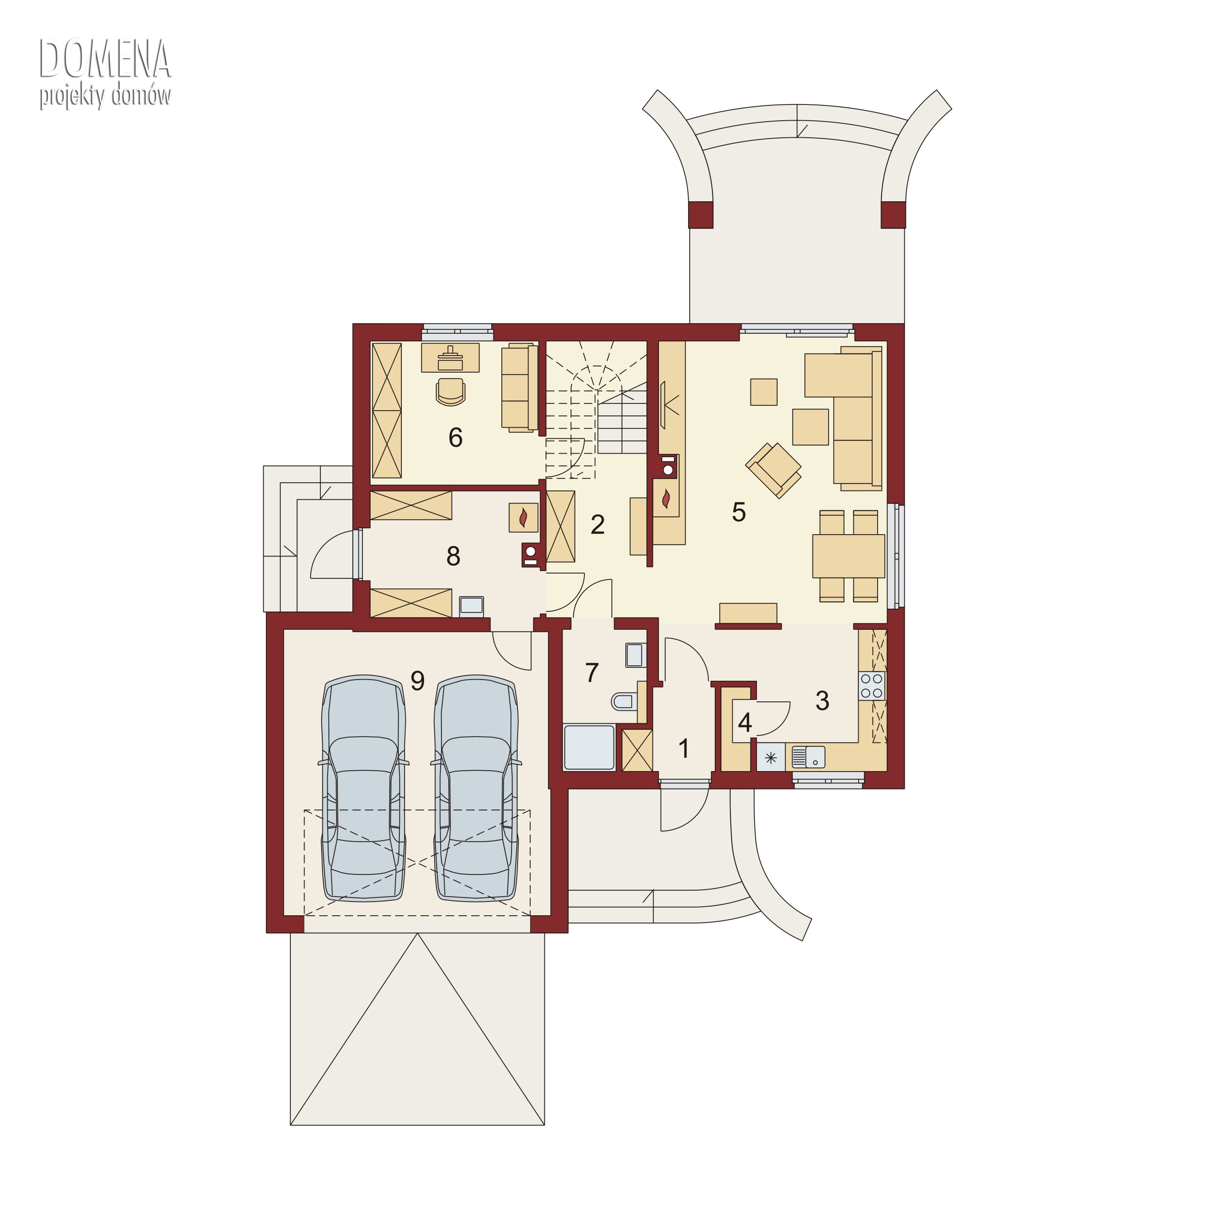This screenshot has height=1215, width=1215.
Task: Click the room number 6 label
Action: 455,437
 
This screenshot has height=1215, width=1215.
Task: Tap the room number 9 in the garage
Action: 418,680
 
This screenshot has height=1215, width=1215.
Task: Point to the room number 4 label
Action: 745,723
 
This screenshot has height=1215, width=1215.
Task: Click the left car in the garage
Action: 364,789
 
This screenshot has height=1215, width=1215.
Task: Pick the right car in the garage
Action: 476,789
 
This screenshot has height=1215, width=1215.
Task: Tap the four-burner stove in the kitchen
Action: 872,686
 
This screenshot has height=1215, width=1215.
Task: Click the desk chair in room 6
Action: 450,391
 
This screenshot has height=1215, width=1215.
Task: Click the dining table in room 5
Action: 848,556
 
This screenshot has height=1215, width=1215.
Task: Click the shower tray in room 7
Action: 589,747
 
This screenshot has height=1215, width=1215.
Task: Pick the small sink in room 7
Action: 635,654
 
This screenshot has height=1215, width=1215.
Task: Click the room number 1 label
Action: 684,748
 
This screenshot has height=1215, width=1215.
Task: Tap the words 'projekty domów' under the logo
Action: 105,96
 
